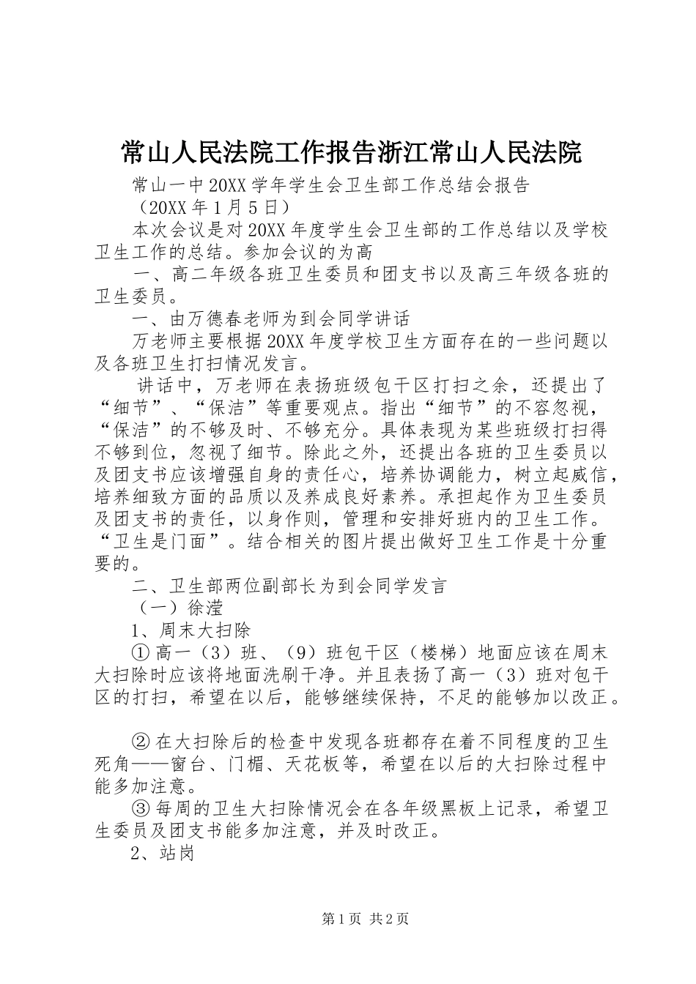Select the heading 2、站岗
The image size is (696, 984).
point(162,853)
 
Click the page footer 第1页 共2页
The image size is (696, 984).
point(366,919)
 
